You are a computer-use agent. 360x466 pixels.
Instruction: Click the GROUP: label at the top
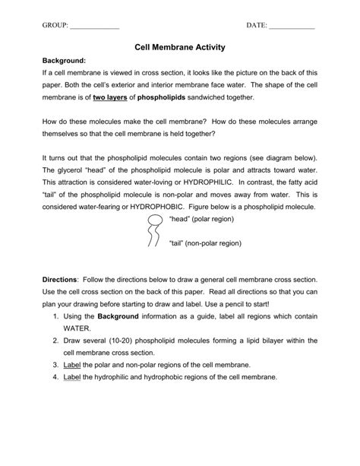point(55,26)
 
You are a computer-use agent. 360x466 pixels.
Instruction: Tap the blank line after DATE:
point(292,27)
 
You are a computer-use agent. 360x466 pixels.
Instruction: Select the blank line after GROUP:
point(95,27)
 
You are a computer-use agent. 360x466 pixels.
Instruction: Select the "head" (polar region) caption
point(201,220)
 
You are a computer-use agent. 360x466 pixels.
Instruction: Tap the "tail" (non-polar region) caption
point(204,244)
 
